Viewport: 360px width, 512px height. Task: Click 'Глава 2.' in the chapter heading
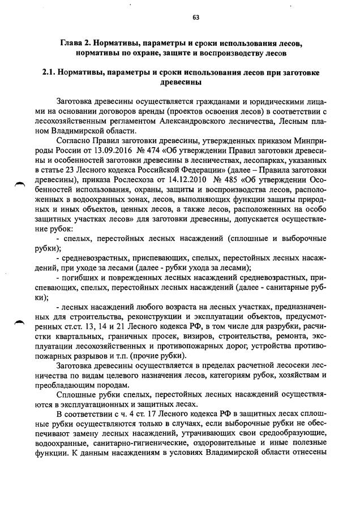pyautogui.click(x=76, y=44)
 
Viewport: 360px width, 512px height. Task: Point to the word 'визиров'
pyautogui.click(x=185, y=337)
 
